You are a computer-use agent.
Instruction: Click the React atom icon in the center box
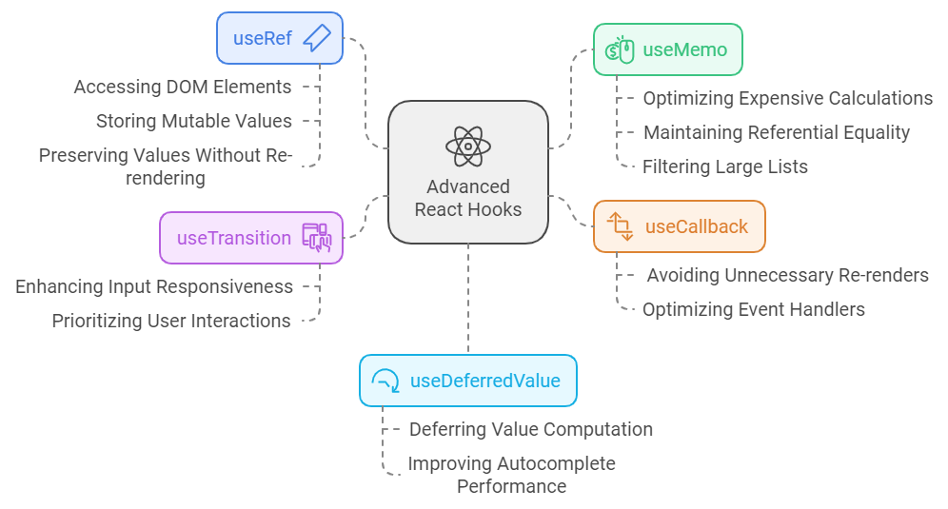click(x=468, y=147)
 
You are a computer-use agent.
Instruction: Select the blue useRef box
click(x=280, y=38)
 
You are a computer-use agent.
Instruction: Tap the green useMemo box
click(x=667, y=49)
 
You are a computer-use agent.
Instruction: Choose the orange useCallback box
click(x=679, y=226)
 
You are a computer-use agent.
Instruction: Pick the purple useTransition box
click(x=251, y=238)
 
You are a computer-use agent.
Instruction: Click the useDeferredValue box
click(x=467, y=381)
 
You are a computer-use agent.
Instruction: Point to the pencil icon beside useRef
click(x=316, y=38)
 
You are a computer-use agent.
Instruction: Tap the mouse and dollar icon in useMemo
click(x=621, y=49)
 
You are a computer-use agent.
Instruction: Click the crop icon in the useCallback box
click(x=621, y=226)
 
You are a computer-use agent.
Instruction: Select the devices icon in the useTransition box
click(x=316, y=238)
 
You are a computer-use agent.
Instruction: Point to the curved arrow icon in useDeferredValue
click(x=386, y=382)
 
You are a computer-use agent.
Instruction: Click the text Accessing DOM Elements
click(x=183, y=87)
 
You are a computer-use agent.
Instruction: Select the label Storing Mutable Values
click(x=194, y=121)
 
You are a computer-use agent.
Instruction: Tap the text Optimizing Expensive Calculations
click(x=787, y=98)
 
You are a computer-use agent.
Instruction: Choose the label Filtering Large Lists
click(x=725, y=166)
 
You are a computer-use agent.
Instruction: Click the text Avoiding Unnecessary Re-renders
click(x=787, y=275)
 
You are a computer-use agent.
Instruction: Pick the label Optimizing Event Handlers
click(x=753, y=309)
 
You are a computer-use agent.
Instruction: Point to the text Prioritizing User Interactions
click(x=171, y=321)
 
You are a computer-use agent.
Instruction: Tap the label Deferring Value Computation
click(x=530, y=429)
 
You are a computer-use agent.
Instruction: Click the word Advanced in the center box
click(x=468, y=186)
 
